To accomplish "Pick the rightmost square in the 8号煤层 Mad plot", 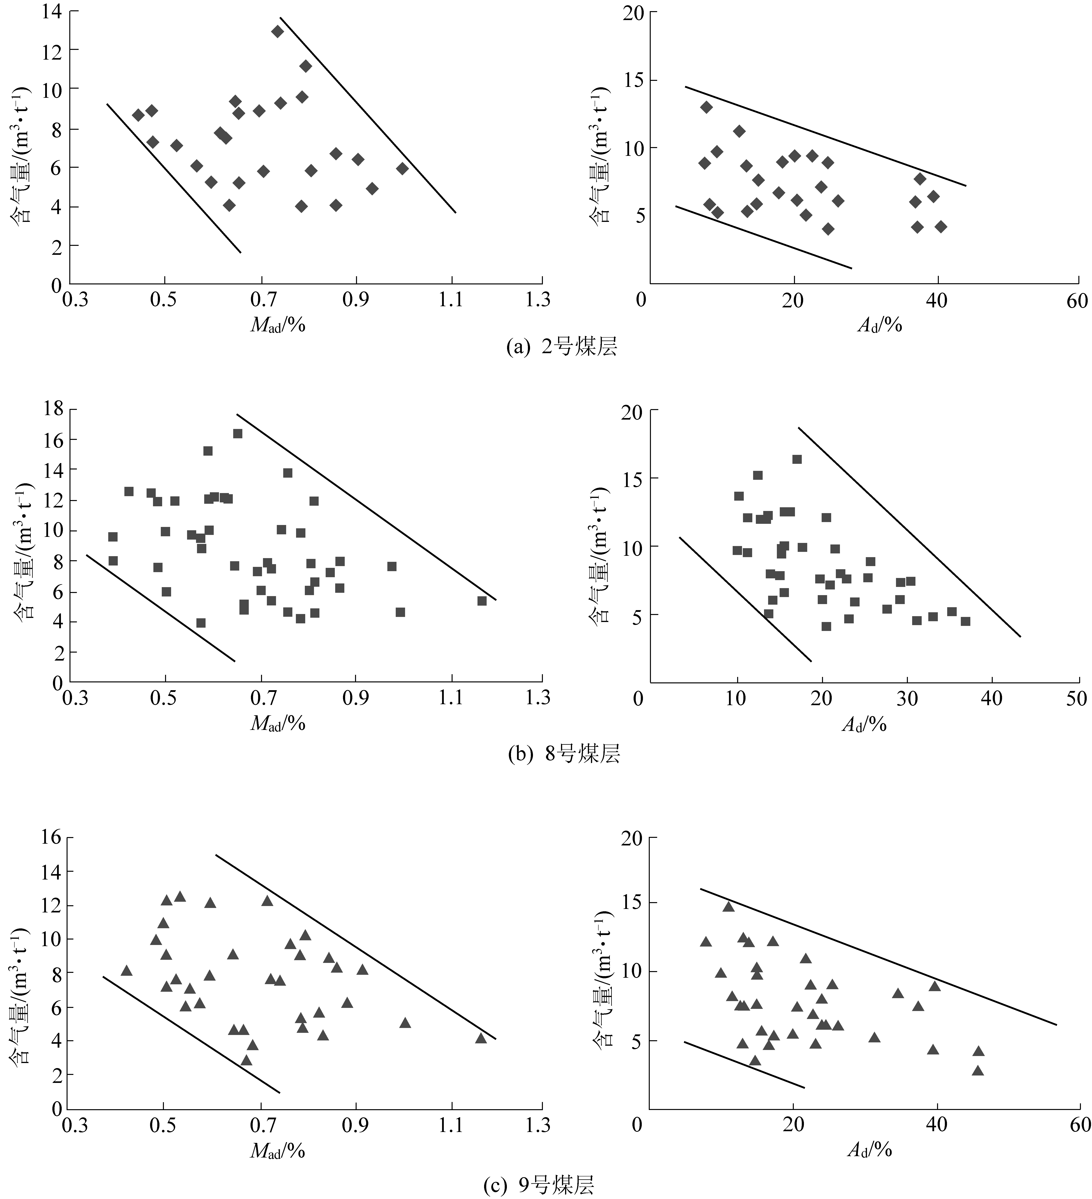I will tap(482, 601).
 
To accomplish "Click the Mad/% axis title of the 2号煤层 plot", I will tap(278, 325).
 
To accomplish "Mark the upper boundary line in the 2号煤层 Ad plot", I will tap(826, 137).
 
